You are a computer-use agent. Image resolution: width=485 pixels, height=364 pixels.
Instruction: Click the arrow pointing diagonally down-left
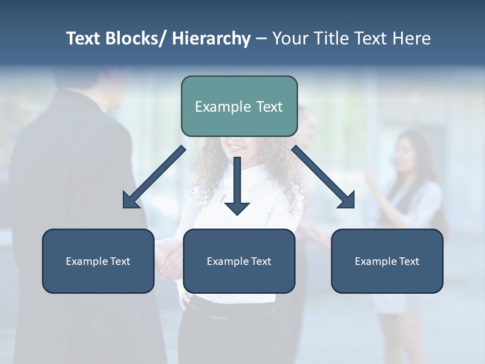coord(154,177)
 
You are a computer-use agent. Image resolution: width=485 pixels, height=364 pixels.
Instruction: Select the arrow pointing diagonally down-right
coord(323,177)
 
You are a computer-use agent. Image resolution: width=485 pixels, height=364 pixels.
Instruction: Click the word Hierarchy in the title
coord(211,38)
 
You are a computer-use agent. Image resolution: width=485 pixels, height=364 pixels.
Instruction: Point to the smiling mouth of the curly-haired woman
coord(235,148)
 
